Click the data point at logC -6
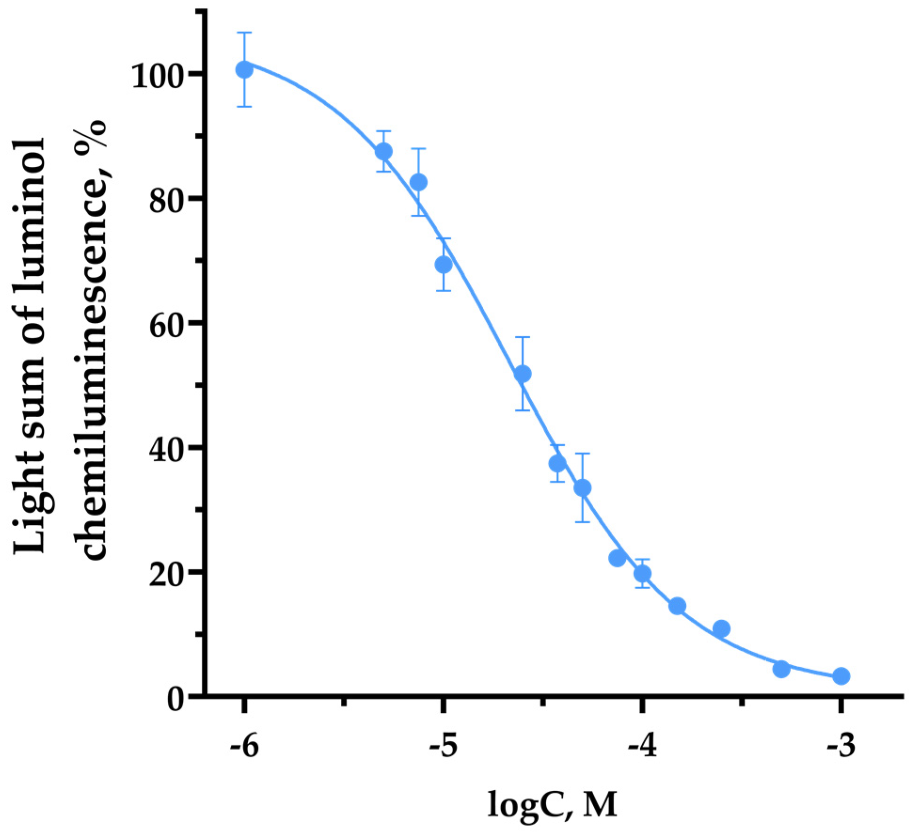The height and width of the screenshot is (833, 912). point(244,70)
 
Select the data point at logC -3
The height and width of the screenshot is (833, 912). point(841,676)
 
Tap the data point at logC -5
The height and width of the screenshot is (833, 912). point(443,265)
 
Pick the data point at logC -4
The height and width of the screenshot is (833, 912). point(642,574)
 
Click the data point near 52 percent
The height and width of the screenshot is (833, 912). point(523,374)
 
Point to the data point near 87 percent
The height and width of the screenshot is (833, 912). point(384,152)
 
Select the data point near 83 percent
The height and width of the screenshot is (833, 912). point(418,182)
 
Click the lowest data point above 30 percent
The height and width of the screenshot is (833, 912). point(582,489)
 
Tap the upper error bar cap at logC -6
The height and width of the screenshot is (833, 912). point(244,33)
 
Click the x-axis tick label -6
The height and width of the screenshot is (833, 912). point(244,747)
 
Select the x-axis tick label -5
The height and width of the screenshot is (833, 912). point(443,747)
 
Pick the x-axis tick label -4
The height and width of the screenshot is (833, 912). point(642,747)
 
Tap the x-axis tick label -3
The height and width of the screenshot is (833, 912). point(841,747)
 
